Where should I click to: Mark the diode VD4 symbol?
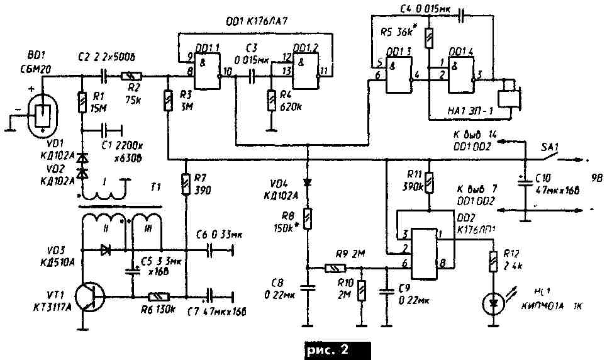[x=308, y=182]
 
